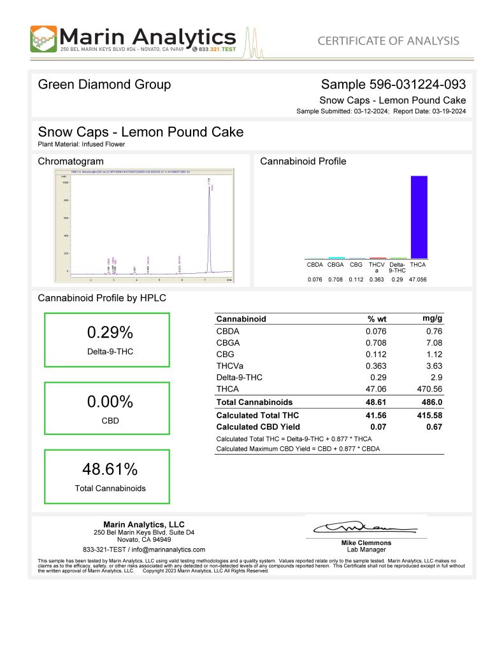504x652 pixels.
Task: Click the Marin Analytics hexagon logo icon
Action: pos(43,39)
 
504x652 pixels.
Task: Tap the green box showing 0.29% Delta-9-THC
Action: pos(107,340)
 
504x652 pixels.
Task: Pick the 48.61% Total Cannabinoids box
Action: pos(107,476)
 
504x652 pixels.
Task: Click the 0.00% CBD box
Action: pos(107,408)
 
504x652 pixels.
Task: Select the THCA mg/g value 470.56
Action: pos(429,388)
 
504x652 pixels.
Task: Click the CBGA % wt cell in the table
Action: pos(376,343)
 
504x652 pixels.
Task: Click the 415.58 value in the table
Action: pos(429,415)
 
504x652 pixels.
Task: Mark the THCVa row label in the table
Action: pos(231,365)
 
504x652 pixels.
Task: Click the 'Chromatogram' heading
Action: pos(71,162)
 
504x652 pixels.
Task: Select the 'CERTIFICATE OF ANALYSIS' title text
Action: pos(388,41)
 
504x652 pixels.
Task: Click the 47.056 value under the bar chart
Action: pos(419,280)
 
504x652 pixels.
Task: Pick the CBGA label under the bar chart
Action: pos(336,264)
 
